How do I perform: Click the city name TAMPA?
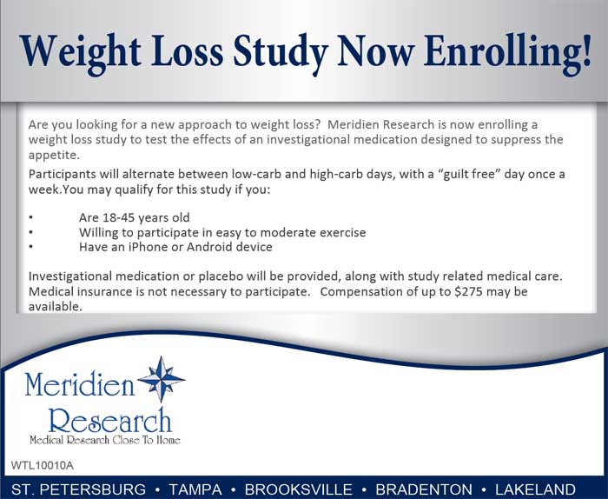(x=195, y=489)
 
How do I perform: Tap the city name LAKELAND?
(x=533, y=489)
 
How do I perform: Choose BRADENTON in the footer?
(x=425, y=489)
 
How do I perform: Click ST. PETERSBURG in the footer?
(x=79, y=489)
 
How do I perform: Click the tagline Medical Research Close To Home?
(x=104, y=440)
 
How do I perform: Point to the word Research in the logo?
(x=110, y=421)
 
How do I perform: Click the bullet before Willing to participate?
(x=30, y=232)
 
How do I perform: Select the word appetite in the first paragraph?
(x=53, y=156)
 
